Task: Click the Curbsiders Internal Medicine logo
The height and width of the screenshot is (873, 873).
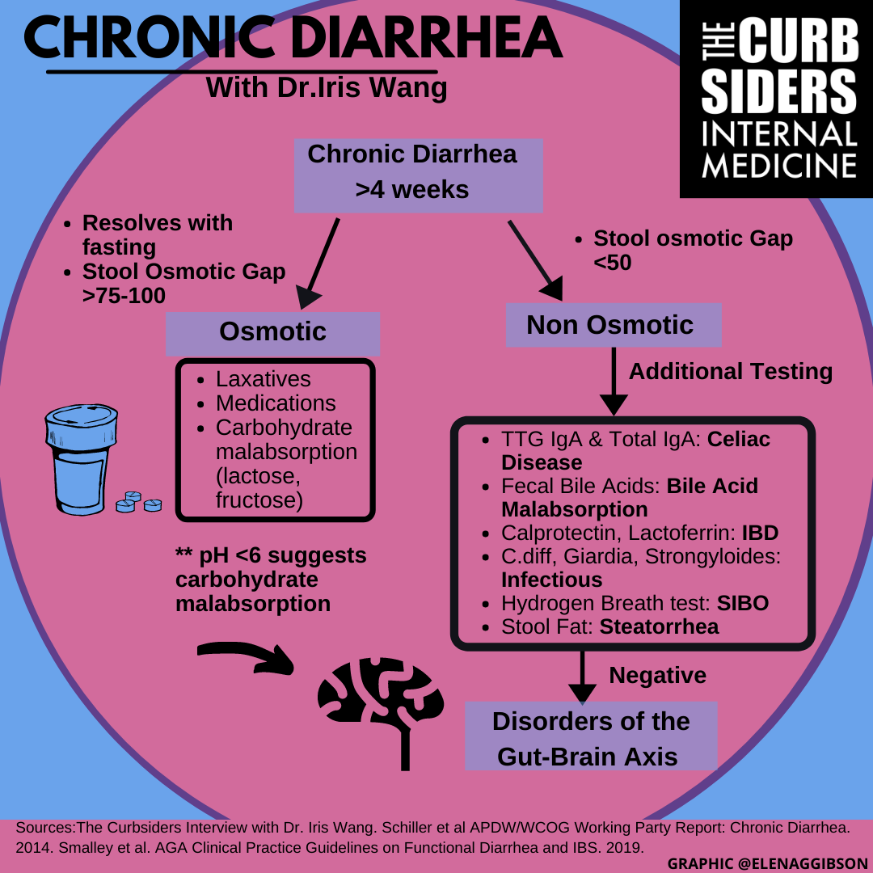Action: tap(776, 99)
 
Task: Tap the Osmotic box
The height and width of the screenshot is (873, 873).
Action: tap(272, 332)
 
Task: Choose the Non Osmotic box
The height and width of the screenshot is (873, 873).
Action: tap(612, 325)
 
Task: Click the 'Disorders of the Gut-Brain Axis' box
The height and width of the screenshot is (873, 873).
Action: tap(591, 738)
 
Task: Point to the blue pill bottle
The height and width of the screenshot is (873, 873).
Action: tap(80, 460)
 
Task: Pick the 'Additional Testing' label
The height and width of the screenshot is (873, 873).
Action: tap(730, 371)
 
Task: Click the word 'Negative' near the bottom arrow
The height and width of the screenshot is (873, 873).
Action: tap(657, 675)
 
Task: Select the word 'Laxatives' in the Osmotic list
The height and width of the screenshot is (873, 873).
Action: tap(263, 378)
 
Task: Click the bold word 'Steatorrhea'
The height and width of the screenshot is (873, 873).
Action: tap(658, 626)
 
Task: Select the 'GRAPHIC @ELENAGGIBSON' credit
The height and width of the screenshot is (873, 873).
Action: tap(767, 863)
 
